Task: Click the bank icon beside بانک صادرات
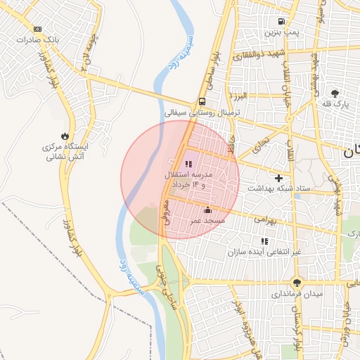(x=37, y=30)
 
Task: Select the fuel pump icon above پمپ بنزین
(x=282, y=21)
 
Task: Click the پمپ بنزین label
(x=282, y=32)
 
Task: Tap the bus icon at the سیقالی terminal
(x=202, y=101)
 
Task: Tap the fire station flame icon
(x=65, y=136)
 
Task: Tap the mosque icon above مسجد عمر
(x=207, y=210)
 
